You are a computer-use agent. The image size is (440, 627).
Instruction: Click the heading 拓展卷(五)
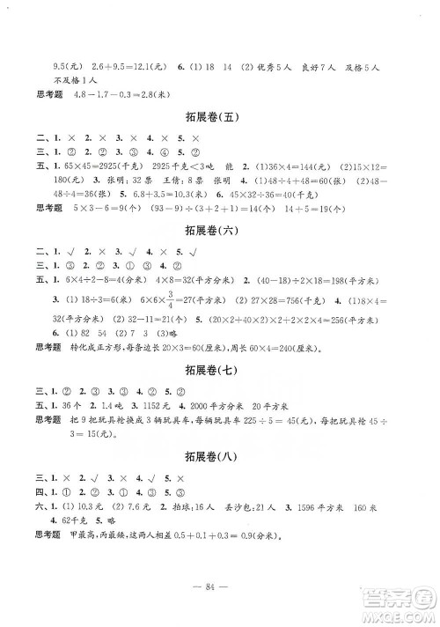pyautogui.click(x=221, y=116)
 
